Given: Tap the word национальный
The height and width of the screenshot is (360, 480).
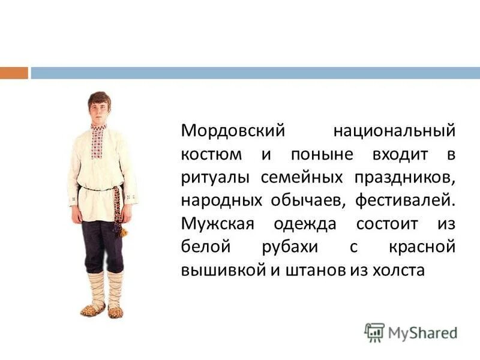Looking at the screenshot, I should pyautogui.click(x=394, y=130).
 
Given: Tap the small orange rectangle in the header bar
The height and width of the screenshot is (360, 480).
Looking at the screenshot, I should pyautogui.click(x=14, y=73).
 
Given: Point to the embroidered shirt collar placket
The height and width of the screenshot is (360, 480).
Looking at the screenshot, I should pyautogui.click(x=98, y=142).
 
